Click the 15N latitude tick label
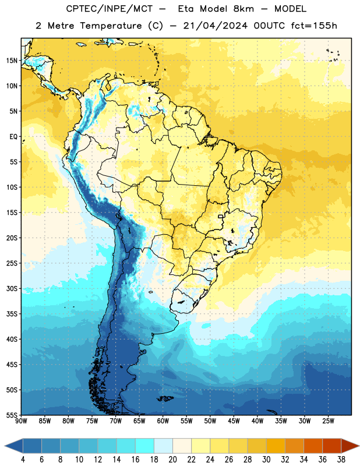12,61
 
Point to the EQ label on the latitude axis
13,137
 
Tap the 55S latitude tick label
12,415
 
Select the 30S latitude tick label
12,288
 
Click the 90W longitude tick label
21,421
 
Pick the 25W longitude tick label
328,421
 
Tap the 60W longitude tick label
163,421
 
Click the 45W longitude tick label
234,421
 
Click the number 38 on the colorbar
341,460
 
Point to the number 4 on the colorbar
23,460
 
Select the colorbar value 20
172,460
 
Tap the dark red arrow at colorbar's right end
350,446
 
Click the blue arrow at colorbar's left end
13,446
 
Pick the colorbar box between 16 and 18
145,446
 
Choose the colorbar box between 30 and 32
276,446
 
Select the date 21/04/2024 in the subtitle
216,26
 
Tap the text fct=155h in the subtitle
314,26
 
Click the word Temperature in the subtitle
111,26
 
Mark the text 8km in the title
243,9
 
